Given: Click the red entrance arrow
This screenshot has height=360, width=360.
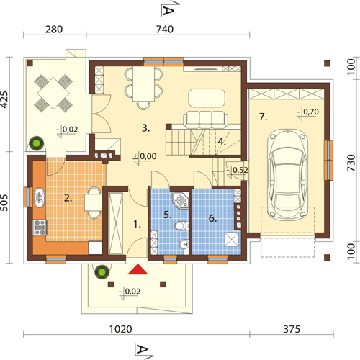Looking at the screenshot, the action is (138, 269).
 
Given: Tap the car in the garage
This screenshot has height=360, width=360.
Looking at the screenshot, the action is (287, 174).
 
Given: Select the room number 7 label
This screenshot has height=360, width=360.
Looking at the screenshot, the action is (264, 117).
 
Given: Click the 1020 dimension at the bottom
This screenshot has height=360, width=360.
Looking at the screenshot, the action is (120, 329).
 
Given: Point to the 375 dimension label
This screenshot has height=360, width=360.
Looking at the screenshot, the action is (292, 329).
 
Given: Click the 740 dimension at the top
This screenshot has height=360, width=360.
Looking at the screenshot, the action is (165, 30).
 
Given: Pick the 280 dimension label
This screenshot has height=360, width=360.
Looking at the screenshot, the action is (54, 30).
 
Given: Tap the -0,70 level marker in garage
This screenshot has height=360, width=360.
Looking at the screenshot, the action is (308, 113).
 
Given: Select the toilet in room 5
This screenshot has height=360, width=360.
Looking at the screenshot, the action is (181, 226).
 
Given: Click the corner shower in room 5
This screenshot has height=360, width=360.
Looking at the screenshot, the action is (181, 200).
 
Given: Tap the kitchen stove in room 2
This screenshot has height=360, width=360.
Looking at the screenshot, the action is (40, 228).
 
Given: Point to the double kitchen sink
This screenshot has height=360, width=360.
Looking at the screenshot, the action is (39, 198).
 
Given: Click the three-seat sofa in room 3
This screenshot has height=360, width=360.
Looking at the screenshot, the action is (206, 119).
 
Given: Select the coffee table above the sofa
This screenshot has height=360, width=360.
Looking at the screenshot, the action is (207, 98).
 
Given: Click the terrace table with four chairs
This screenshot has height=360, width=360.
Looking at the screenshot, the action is (53, 93).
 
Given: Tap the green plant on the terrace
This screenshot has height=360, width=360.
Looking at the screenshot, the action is (37, 143).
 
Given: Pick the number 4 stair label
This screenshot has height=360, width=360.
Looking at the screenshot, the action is (222, 142).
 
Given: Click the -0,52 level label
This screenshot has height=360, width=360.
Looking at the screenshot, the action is (238, 171).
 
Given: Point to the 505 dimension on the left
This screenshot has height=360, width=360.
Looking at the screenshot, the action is (4, 203).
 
